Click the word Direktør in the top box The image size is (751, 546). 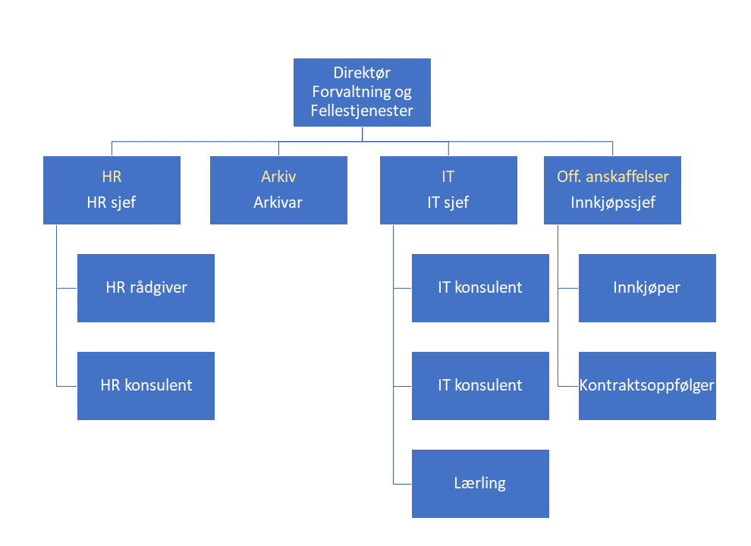[x=362, y=73]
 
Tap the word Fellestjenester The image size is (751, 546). [x=362, y=111]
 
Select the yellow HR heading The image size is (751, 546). [x=112, y=177]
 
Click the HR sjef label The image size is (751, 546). [x=112, y=202]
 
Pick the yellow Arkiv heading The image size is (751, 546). [x=278, y=177]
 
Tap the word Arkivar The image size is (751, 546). [x=278, y=202]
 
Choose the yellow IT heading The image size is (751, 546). [x=448, y=177]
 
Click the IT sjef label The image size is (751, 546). [x=448, y=202]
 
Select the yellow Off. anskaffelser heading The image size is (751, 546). [x=613, y=177]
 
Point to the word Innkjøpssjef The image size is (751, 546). [x=613, y=202]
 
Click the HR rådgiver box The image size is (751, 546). [x=146, y=288]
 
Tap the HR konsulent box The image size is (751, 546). [x=146, y=385]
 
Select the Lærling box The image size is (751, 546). [x=480, y=483]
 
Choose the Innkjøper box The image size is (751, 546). [x=647, y=288]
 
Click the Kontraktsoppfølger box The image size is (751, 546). [x=647, y=385]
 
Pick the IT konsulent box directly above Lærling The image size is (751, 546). [x=480, y=385]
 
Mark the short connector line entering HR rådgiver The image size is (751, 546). [x=67, y=288]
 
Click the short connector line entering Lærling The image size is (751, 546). [x=403, y=484]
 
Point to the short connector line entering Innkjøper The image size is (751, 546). [x=568, y=288]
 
